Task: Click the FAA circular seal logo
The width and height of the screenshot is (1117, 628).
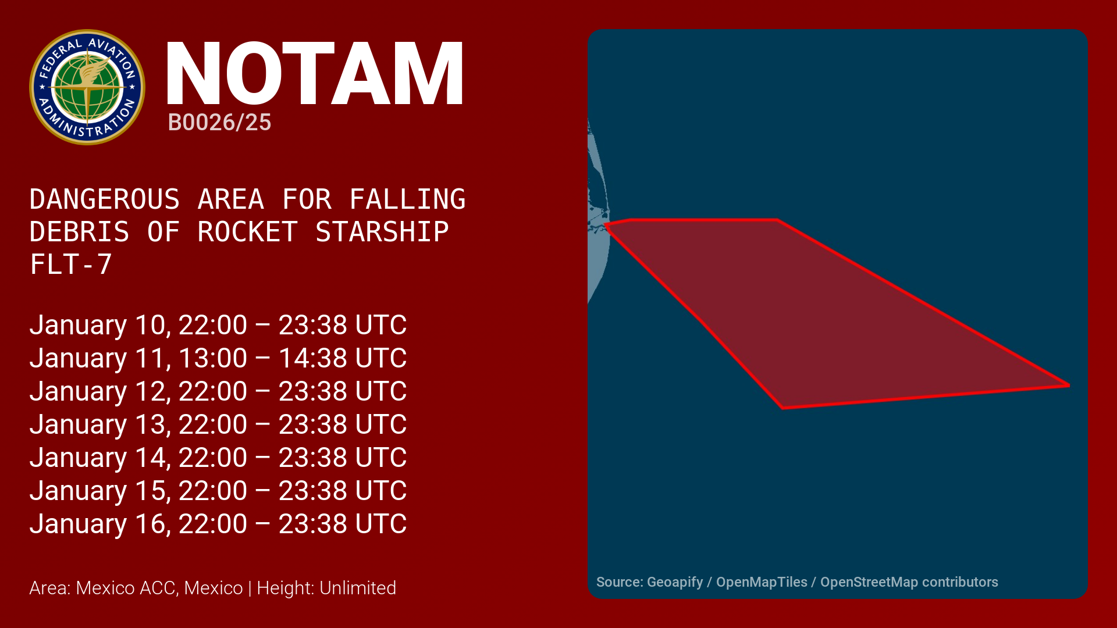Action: (x=87, y=87)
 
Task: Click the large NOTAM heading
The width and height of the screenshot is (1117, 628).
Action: (x=315, y=74)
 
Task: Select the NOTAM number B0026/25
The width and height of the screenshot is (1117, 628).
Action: (x=219, y=123)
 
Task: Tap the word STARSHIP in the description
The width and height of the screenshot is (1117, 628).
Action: (x=382, y=232)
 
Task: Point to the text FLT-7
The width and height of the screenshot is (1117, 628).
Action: (x=70, y=265)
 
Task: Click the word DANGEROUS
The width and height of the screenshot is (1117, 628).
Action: (x=105, y=199)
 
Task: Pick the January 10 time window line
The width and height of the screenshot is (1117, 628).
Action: (x=218, y=325)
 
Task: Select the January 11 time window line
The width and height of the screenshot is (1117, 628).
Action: (x=218, y=358)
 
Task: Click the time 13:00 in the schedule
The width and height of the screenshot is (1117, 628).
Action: (x=212, y=358)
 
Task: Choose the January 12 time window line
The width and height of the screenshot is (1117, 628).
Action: (x=218, y=391)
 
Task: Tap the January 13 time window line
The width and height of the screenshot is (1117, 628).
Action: (x=218, y=424)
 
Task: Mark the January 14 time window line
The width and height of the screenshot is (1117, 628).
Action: (x=218, y=458)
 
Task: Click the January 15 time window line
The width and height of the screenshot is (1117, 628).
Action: (x=218, y=491)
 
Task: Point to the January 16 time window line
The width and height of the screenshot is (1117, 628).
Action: (x=218, y=524)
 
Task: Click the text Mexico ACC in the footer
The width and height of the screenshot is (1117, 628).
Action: (x=126, y=588)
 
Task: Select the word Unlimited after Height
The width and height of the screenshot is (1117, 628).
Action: (x=358, y=588)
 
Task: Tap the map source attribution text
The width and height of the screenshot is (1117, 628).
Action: (x=797, y=582)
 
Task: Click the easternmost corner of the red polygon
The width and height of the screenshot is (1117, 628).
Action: (x=1069, y=385)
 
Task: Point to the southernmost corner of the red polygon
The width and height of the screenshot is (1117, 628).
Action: (x=783, y=408)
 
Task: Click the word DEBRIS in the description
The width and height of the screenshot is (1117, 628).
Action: (x=80, y=232)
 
